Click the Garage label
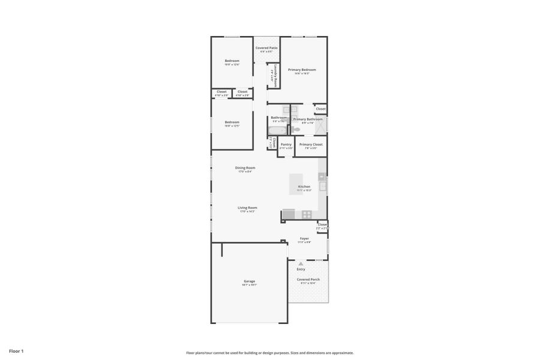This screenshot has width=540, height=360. [x=249, y=281]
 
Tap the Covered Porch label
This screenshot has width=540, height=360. [x=308, y=279]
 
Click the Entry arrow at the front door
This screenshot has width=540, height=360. [x=301, y=264]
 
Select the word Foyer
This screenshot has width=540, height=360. [x=304, y=238]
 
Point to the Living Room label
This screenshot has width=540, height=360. [x=247, y=208]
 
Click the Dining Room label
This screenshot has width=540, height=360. [x=245, y=168]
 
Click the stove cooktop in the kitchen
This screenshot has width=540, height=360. [x=306, y=214]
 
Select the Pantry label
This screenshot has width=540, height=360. [x=286, y=144]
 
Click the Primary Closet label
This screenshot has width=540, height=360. [x=311, y=144]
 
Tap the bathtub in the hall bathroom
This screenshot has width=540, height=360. [x=278, y=130]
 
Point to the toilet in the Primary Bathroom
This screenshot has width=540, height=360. [x=296, y=129]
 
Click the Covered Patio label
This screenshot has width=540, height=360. [x=266, y=47]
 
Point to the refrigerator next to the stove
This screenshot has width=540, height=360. [x=289, y=214]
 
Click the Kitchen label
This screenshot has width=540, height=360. [x=304, y=187]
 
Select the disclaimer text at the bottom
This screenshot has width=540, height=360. [x=269, y=353]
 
